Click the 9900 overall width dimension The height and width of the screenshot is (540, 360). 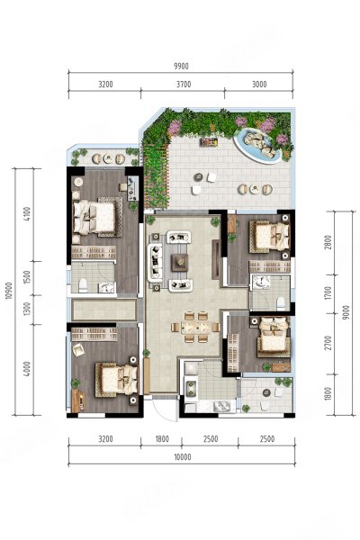click(182, 66)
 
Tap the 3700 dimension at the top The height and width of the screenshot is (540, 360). click(184, 85)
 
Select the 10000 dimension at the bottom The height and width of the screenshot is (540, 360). click(183, 457)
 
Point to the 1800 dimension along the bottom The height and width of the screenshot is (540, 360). click(162, 439)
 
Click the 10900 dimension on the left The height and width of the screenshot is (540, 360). click(9, 291)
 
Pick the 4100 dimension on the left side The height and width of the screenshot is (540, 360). click(28, 214)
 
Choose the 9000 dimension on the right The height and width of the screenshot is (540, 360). click(346, 312)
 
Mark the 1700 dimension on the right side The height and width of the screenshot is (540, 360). click(328, 293)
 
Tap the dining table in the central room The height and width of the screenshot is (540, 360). click(195, 327)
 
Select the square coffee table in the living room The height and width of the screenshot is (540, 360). click(180, 262)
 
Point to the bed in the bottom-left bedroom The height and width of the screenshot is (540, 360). click(117, 379)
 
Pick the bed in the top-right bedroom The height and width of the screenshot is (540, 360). click(270, 236)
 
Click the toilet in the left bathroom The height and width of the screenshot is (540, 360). click(83, 285)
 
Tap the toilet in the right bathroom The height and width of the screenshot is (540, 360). click(281, 303)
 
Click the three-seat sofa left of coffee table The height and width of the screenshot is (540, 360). click(156, 261)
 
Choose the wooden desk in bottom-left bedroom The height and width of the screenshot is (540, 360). click(78, 400)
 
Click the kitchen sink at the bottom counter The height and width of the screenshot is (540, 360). click(223, 407)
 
